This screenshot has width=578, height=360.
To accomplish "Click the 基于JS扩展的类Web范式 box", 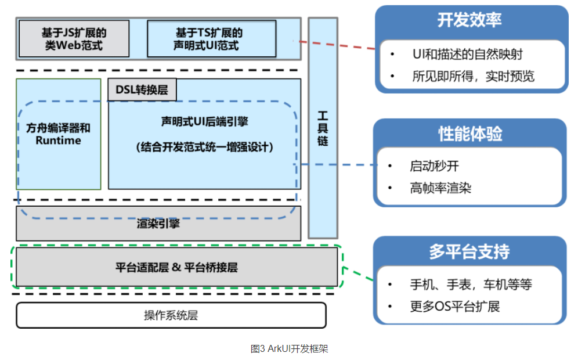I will click(x=74, y=38).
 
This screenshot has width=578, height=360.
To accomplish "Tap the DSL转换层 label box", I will click(x=142, y=90).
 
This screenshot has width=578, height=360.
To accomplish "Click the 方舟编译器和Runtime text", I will click(x=58, y=134).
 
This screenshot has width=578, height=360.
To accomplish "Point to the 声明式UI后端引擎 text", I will click(x=205, y=122).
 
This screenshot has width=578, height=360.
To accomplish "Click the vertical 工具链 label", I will click(x=323, y=128).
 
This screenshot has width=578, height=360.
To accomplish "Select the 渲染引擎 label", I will click(x=158, y=224).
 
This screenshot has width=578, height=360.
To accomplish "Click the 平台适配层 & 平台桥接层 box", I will click(x=176, y=267).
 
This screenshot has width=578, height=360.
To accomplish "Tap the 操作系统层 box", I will click(x=171, y=315).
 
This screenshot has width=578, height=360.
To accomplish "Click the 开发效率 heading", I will click(x=469, y=21).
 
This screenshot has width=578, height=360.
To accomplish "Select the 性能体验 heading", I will click(x=469, y=134).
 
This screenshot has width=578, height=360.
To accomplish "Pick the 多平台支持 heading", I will click(x=469, y=252).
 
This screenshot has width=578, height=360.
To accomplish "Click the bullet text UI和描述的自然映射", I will click(x=468, y=55).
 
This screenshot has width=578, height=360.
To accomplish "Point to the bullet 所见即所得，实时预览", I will click(x=473, y=76).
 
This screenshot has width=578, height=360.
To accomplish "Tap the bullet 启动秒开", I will click(x=434, y=167).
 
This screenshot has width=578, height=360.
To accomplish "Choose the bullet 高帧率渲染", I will click(x=440, y=188).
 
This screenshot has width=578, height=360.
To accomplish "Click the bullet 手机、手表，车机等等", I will click(x=471, y=285).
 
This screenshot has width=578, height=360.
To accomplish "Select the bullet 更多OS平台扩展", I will click(x=455, y=306).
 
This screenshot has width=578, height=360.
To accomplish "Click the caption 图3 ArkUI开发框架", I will click(x=290, y=348).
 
